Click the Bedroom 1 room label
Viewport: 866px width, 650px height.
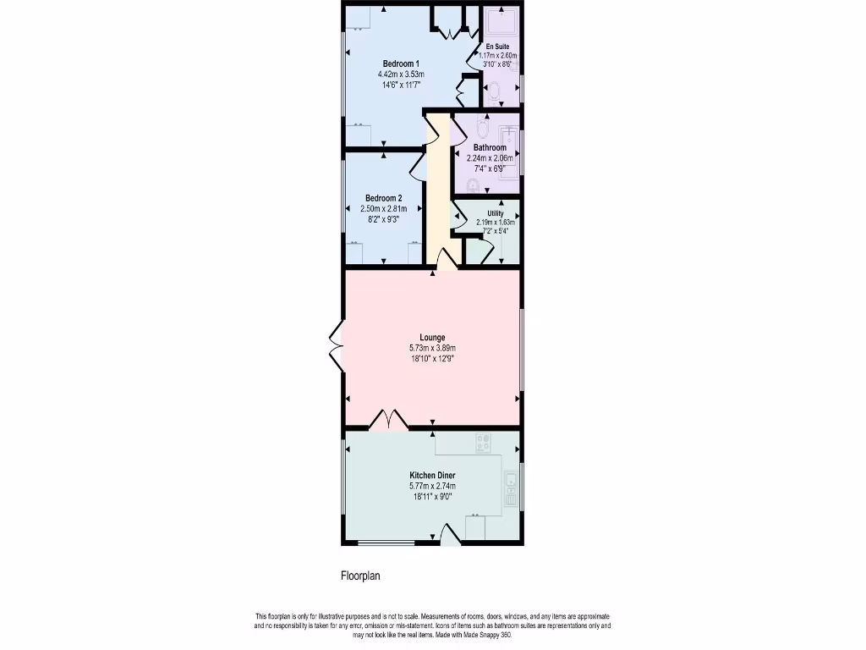click(401, 64)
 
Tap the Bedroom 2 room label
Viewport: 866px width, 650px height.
click(383, 198)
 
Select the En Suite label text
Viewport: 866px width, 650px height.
click(496, 46)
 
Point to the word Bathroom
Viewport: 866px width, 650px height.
click(490, 147)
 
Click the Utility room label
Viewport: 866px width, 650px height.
click(496, 213)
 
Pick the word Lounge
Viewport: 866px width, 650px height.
click(433, 338)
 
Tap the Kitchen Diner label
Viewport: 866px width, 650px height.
click(433, 476)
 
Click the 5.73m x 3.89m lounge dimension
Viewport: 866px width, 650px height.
click(433, 348)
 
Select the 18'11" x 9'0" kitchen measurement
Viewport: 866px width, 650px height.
click(433, 497)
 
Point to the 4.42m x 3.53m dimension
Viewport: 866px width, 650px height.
click(401, 74)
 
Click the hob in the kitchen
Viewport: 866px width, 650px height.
click(485, 441)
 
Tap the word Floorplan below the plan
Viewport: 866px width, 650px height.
click(360, 576)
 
